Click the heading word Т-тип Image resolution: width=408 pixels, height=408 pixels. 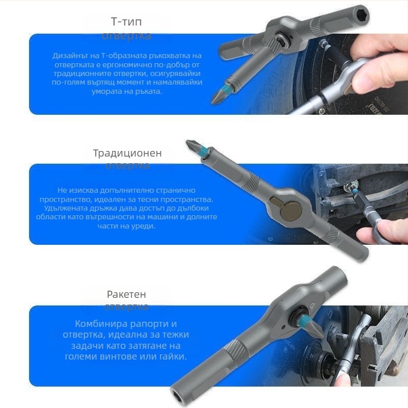click(x=126, y=22)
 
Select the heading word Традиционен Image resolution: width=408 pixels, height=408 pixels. click(x=127, y=153)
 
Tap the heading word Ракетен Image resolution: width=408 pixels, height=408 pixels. click(x=126, y=294)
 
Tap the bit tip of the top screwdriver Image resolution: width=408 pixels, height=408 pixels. click(x=216, y=97)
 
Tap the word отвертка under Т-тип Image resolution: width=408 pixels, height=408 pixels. click(x=126, y=36)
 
